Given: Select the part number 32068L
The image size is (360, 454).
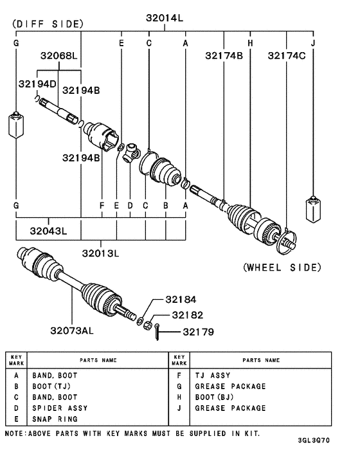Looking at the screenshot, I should click(x=60, y=56).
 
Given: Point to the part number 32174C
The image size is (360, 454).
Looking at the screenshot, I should click(x=287, y=56).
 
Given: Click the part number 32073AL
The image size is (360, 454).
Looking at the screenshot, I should click(x=72, y=331).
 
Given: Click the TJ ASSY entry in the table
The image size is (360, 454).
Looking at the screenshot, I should click(x=212, y=376).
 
